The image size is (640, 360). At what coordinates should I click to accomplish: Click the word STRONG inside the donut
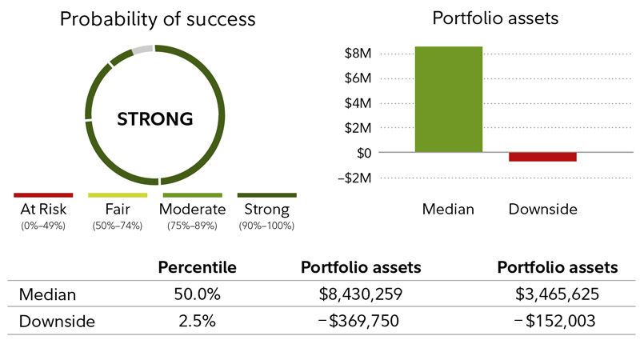(x=155, y=119)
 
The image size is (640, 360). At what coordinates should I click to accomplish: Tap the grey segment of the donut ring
(x=142, y=50)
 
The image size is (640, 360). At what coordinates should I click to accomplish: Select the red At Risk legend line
(x=43, y=194)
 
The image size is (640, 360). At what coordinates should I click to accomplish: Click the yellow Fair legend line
(x=118, y=194)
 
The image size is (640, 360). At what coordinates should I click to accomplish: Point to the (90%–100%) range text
(x=266, y=226)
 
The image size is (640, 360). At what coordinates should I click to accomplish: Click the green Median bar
(x=449, y=99)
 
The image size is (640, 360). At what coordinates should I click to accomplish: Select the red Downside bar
(x=543, y=157)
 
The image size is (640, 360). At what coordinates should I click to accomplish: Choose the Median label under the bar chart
(x=449, y=210)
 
